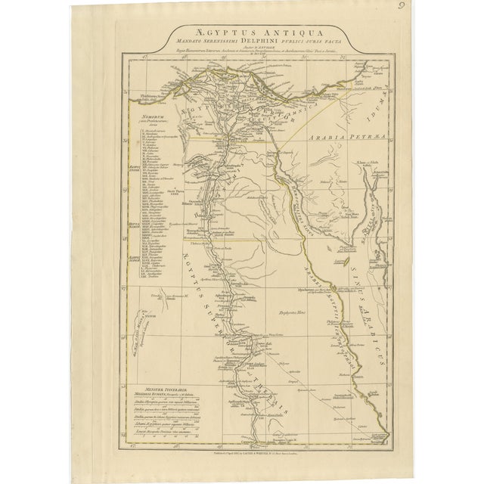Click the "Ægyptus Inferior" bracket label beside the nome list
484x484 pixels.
[x=130, y=167]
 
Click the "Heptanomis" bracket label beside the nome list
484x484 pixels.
[x=130, y=225]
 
